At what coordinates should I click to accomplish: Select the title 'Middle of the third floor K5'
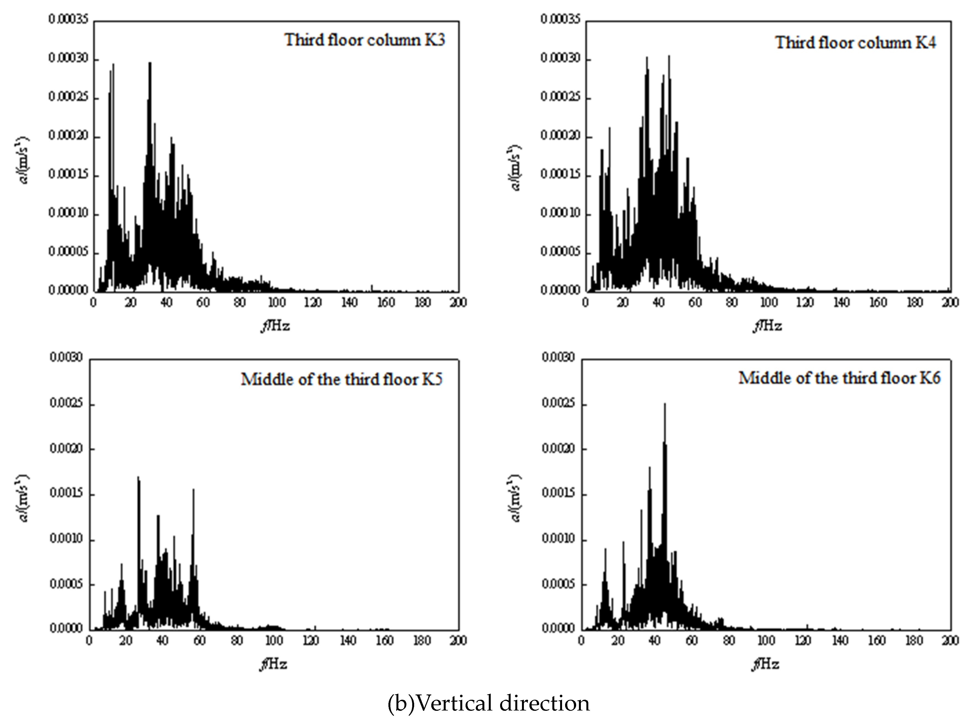click(342, 379)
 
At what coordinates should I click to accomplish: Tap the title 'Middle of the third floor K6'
click(839, 378)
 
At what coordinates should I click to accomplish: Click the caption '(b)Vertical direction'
click(489, 704)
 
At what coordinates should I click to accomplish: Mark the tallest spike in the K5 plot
click(139, 478)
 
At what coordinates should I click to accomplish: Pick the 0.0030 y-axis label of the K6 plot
click(557, 358)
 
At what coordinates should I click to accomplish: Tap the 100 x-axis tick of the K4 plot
click(768, 303)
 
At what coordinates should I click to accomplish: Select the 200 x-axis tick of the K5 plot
click(458, 641)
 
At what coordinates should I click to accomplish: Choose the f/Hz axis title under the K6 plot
click(766, 665)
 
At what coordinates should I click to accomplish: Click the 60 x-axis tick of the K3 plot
click(203, 303)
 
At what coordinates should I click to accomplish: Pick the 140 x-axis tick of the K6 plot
click(840, 641)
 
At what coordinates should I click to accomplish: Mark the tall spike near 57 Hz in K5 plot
click(194, 490)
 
